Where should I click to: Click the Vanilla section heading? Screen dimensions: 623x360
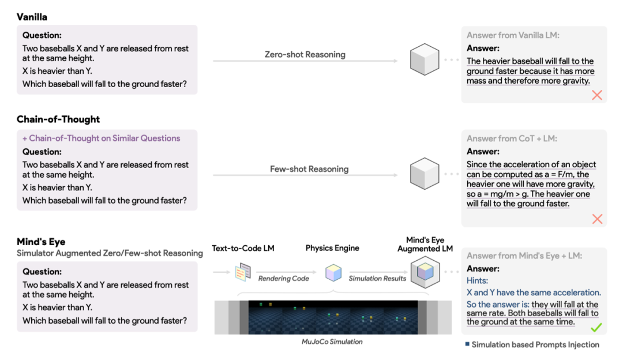32,17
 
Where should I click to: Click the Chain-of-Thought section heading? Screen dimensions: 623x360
58,119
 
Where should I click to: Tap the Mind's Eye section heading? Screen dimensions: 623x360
41,242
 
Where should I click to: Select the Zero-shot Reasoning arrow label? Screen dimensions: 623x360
305,54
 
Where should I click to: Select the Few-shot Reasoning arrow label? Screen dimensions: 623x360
309,169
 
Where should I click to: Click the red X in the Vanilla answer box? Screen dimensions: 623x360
597,95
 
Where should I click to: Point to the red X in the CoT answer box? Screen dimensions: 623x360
597,219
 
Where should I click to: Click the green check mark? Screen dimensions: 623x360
596,328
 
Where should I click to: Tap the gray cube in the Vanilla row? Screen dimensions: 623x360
425,59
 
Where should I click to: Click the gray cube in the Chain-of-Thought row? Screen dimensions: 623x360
425,174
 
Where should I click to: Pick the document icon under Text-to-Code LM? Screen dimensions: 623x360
243,272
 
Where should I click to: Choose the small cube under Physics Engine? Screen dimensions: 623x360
333,273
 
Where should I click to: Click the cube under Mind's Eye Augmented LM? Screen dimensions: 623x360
425,272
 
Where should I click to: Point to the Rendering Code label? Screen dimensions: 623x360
284,279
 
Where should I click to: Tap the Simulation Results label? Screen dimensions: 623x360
377,279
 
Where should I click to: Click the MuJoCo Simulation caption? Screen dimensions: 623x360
332,342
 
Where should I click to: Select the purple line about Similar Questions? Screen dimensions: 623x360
102,138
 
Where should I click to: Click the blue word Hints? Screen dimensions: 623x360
477,280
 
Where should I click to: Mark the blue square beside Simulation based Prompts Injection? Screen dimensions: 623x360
467,344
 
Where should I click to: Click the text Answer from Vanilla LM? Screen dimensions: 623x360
513,35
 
